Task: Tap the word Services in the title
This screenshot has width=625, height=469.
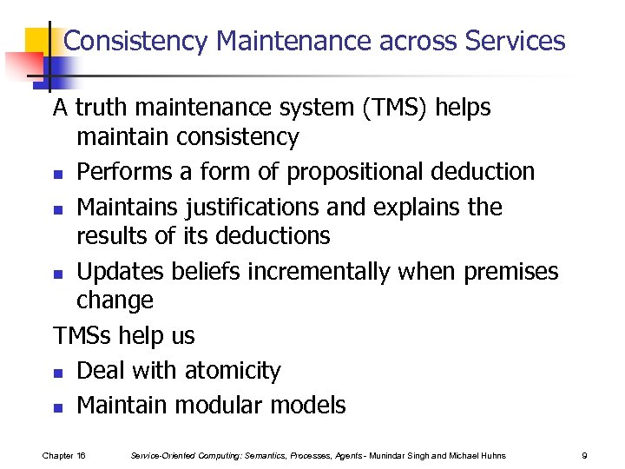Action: (x=515, y=41)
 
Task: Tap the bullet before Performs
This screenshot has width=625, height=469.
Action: (x=57, y=174)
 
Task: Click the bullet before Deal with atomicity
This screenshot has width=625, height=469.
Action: (x=57, y=373)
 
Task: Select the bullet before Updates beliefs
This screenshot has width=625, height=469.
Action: (x=57, y=274)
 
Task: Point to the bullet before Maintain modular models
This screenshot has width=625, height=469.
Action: (x=57, y=406)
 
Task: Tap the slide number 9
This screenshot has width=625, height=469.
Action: (x=584, y=455)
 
